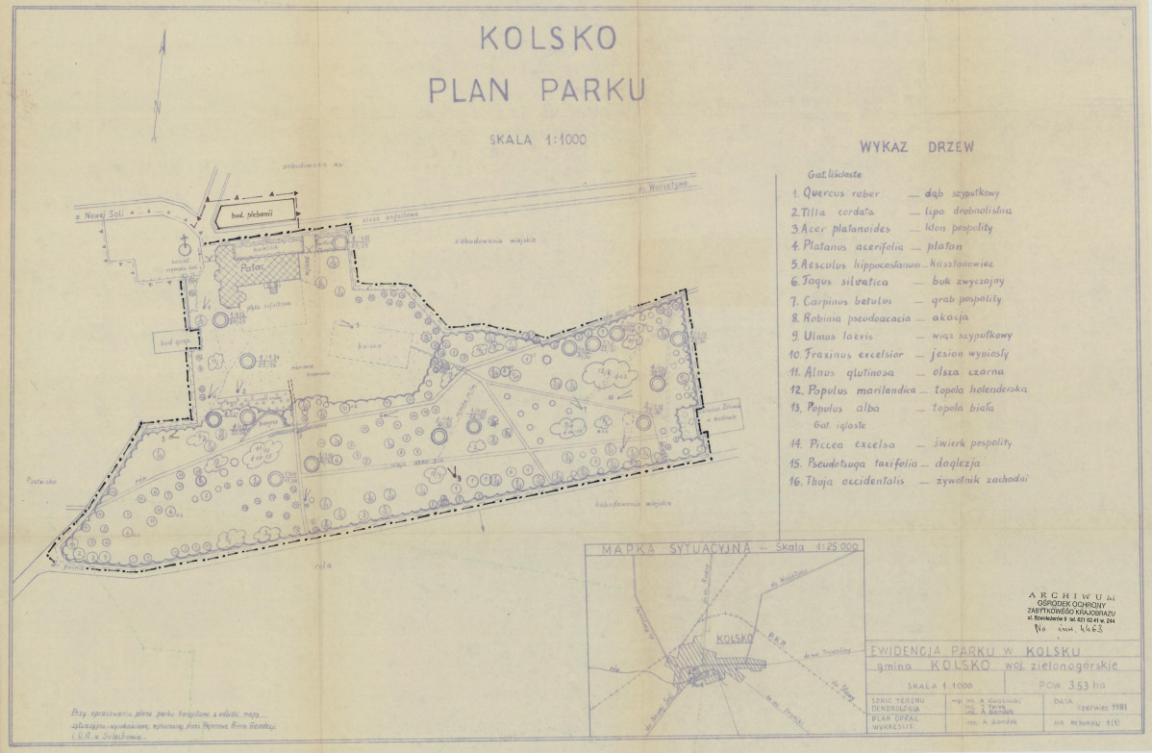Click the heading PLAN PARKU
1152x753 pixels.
[536, 89]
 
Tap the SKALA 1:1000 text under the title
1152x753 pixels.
[538, 138]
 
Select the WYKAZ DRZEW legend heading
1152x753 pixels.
[916, 147]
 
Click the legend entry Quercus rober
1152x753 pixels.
[840, 192]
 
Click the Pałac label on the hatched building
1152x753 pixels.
[252, 269]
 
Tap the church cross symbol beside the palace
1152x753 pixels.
[182, 244]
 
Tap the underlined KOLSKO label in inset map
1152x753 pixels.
[734, 638]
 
